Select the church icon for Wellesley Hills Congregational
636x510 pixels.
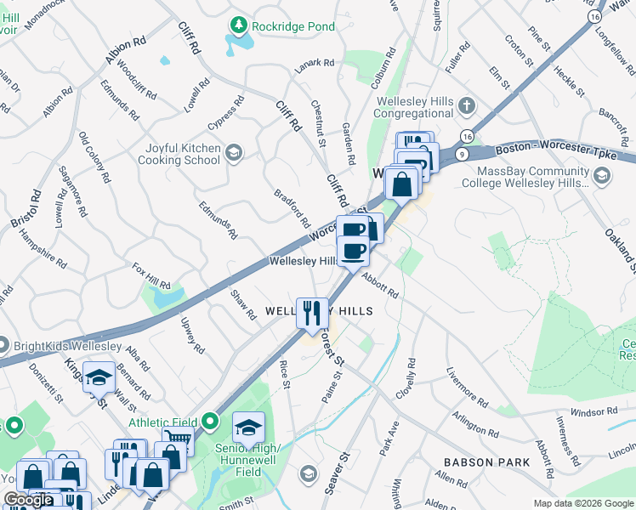(466, 107)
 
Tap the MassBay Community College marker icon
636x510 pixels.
(602, 176)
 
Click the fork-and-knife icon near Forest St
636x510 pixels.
(312, 313)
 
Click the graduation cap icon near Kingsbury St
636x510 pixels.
(99, 376)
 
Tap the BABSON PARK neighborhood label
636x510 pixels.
(486, 462)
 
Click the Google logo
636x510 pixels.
(28, 500)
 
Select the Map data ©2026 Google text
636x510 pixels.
(582, 503)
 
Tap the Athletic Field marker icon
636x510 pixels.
(212, 422)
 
